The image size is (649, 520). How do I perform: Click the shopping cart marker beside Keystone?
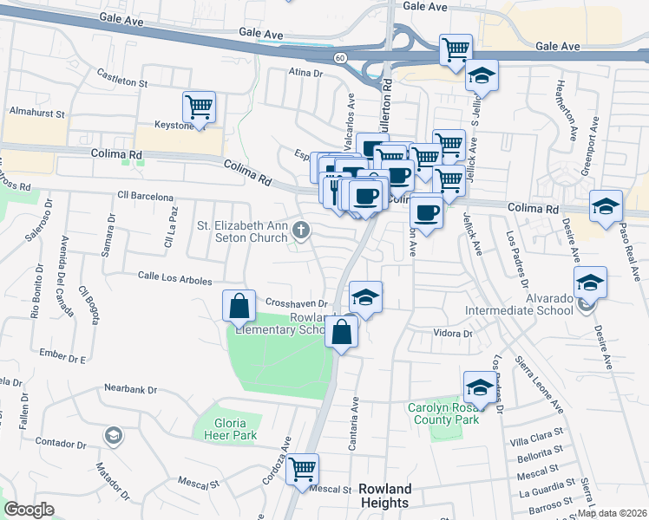pyautogui.click(x=199, y=107)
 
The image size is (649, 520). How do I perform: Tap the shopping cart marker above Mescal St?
pyautogui.click(x=302, y=470)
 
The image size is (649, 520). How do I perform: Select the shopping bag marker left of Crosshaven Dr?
pyautogui.click(x=239, y=306)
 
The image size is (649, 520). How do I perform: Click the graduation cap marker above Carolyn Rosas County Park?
pyautogui.click(x=479, y=386)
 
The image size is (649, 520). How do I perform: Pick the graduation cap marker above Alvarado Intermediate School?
pyautogui.click(x=590, y=283)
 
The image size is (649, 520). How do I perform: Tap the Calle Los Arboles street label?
pyautogui.click(x=175, y=279)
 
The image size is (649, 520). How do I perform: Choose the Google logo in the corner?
pyautogui.click(x=29, y=510)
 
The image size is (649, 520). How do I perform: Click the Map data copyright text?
pyautogui.click(x=613, y=513)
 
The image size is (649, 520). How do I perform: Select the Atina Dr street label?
pyautogui.click(x=305, y=75)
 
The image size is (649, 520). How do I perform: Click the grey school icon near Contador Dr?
pyautogui.click(x=112, y=434)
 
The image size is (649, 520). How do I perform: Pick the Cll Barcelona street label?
pyautogui.click(x=147, y=197)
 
